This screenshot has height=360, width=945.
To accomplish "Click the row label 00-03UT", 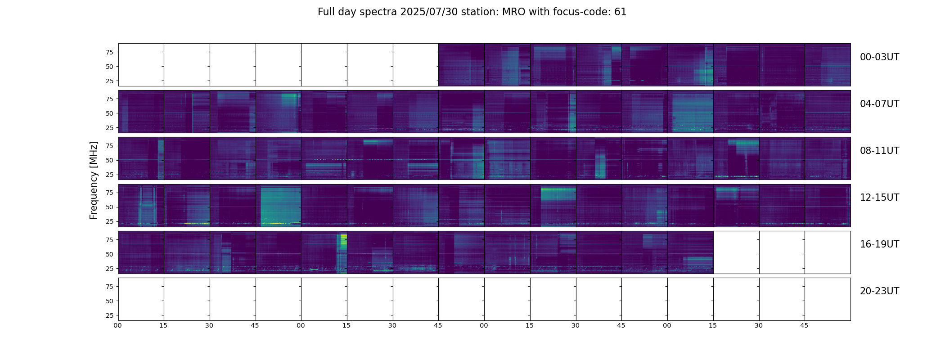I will (x=879, y=57).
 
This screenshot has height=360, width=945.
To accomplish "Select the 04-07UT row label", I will (x=879, y=104).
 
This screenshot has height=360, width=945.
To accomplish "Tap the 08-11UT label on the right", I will (x=879, y=151).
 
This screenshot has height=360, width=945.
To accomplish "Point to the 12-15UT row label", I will (x=879, y=198).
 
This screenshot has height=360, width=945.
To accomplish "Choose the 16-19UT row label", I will (x=879, y=244).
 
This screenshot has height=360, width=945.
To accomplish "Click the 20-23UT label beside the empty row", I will (x=879, y=291).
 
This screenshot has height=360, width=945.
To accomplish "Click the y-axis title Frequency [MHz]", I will (x=94, y=180).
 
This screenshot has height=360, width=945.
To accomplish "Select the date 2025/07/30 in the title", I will (x=429, y=12).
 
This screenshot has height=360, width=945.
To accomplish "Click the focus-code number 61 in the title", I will (x=620, y=12).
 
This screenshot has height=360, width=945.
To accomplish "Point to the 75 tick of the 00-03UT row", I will (x=109, y=52).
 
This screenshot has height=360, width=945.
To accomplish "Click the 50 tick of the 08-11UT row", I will (x=109, y=160).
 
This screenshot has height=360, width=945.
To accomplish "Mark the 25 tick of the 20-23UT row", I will (x=109, y=315).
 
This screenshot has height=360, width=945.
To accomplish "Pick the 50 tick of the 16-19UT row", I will (x=109, y=254).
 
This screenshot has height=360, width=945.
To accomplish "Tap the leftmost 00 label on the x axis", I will (x=118, y=325).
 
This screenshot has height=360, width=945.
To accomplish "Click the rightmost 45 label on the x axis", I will (x=804, y=325).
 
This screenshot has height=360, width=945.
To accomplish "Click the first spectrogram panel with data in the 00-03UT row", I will (x=461, y=64).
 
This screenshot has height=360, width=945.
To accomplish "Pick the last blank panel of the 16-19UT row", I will (x=827, y=252).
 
